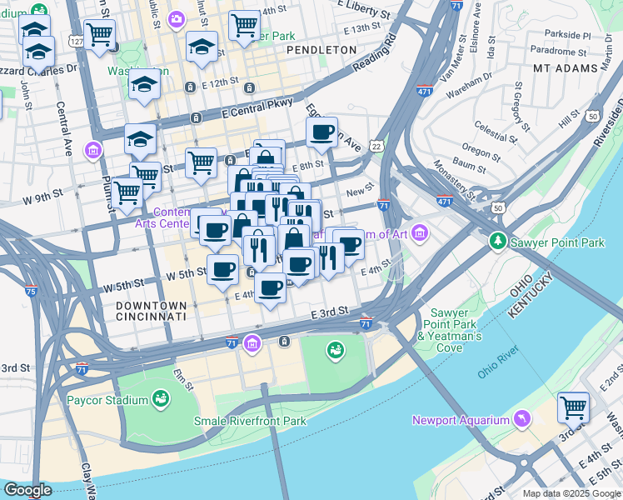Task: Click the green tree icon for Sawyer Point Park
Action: pyautogui.click(x=499, y=241)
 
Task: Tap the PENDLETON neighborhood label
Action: pyautogui.click(x=321, y=50)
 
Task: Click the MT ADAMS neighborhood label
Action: pyautogui.click(x=566, y=68)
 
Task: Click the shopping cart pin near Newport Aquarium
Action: pyautogui.click(x=573, y=407)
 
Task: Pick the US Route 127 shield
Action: pyautogui.click(x=77, y=40)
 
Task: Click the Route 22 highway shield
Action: pyautogui.click(x=377, y=146)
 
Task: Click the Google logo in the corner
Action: pyautogui.click(x=27, y=490)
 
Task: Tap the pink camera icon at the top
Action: pyautogui.click(x=176, y=19)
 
